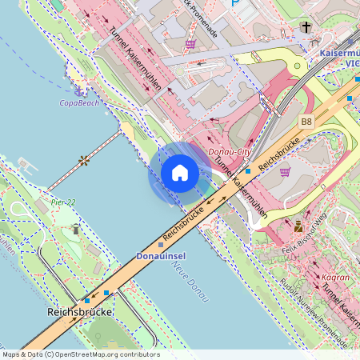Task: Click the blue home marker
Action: (x=180, y=173)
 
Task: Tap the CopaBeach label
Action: (x=79, y=103)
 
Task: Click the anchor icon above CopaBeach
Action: (x=79, y=88)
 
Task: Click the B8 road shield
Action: (x=306, y=121)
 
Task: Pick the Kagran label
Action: (x=334, y=278)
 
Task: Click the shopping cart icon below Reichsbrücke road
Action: (x=285, y=170)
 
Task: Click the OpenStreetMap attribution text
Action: (x=81, y=354)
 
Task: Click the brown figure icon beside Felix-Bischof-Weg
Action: (x=298, y=226)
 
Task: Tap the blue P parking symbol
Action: (x=234, y=3)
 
